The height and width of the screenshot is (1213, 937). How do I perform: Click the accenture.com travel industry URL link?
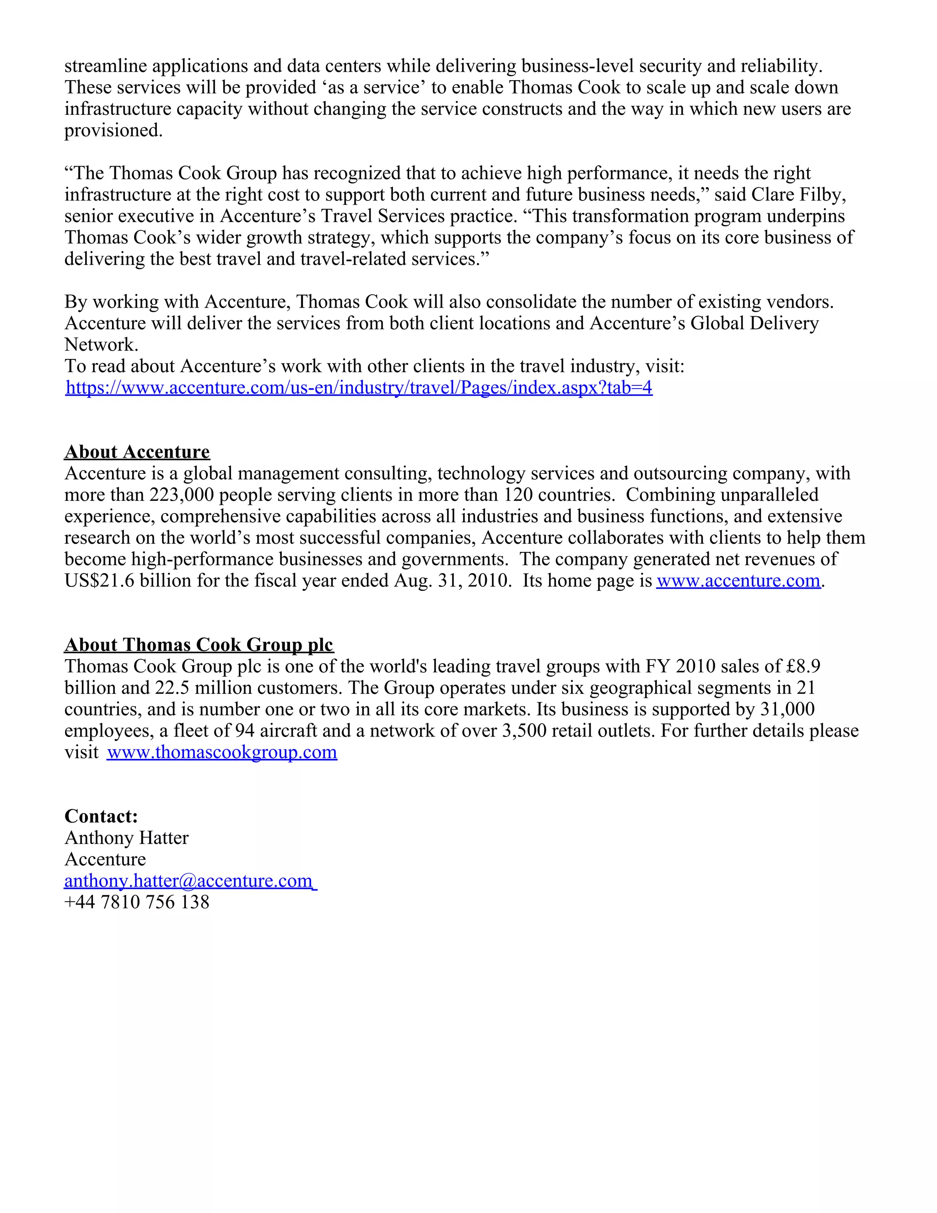click(359, 387)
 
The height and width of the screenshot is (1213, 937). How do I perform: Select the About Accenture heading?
click(137, 451)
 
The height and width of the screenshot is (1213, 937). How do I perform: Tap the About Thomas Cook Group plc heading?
click(199, 644)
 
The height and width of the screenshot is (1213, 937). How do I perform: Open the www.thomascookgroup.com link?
click(222, 752)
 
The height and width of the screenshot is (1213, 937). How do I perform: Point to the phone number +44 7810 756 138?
click(137, 902)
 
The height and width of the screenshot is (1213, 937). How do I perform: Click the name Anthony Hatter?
click(127, 838)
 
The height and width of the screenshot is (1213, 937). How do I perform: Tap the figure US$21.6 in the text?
click(99, 580)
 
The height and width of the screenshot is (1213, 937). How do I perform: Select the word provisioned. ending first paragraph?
click(113, 130)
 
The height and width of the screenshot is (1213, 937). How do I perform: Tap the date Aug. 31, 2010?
click(452, 580)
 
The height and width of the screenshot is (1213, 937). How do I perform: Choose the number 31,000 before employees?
click(787, 709)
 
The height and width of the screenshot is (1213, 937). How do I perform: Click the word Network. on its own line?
click(101, 345)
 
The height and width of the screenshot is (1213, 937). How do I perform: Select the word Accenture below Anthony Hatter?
click(106, 859)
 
